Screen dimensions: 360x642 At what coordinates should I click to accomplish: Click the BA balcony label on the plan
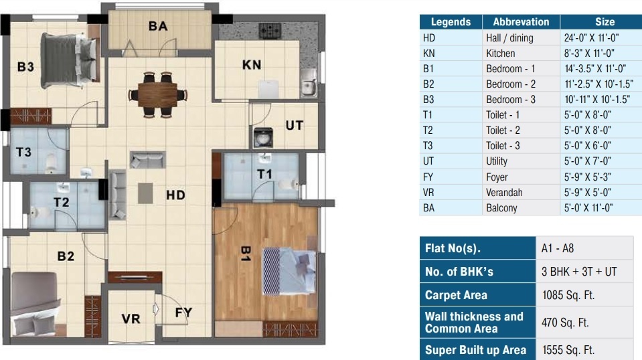158,26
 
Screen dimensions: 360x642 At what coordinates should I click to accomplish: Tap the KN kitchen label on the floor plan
252,65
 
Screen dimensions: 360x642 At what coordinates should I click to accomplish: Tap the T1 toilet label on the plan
265,174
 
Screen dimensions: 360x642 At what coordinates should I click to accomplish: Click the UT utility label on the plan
295,125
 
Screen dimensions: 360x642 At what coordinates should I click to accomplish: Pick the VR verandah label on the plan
131,319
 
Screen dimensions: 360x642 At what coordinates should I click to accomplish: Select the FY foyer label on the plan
184,312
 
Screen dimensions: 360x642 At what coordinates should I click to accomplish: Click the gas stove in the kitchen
270,30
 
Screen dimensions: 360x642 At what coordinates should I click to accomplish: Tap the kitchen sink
309,84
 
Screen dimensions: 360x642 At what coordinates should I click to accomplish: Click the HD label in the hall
175,195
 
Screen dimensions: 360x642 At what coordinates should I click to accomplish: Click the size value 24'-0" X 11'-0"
588,37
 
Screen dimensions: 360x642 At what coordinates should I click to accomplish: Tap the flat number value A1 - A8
558,248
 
